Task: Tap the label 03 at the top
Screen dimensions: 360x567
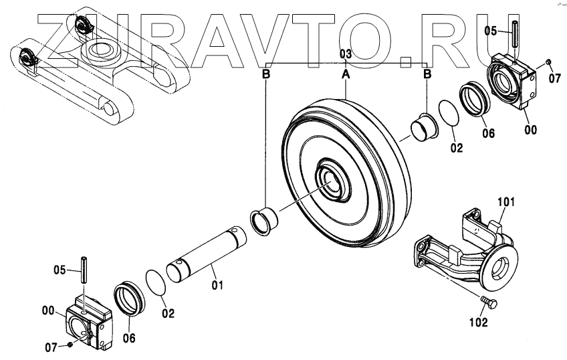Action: [x=345, y=54]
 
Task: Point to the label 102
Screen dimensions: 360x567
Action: [x=478, y=322]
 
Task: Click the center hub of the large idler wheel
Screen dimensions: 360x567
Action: [x=332, y=179]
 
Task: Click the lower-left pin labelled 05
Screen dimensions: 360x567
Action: [x=85, y=270]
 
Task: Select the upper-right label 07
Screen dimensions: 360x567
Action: [x=554, y=77]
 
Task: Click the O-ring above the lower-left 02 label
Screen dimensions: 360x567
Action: [x=155, y=281]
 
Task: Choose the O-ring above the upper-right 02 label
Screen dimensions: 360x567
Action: [x=449, y=112]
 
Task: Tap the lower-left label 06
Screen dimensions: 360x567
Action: [x=128, y=338]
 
